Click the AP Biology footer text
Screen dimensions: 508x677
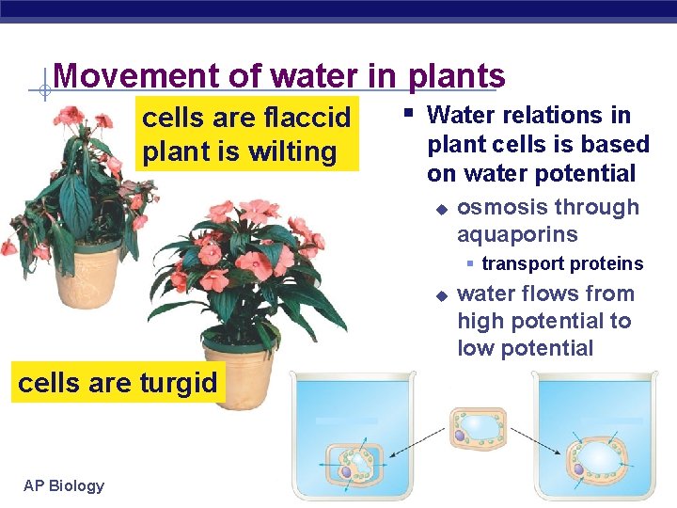tap(64, 485)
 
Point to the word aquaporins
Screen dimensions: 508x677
tap(517, 234)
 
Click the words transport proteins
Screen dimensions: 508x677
tap(561, 264)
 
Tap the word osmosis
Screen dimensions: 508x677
tap(496, 207)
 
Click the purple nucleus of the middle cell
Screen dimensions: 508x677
tap(460, 436)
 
